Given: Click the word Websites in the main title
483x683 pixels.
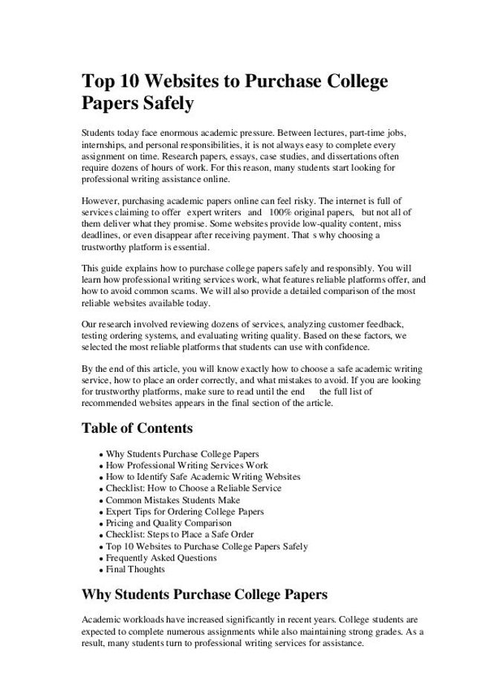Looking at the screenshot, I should [170, 81].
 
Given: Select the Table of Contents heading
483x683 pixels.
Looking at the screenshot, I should [137, 428].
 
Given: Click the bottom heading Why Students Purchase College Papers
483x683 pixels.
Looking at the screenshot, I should [204, 594].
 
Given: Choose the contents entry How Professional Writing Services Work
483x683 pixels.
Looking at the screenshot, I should [187, 465].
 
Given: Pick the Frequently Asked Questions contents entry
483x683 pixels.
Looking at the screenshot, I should [161, 558].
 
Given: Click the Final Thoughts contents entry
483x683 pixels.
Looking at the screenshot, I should [135, 569].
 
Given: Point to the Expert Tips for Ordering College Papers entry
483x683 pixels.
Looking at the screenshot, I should [184, 512].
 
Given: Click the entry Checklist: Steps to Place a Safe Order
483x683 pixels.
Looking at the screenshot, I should [179, 535].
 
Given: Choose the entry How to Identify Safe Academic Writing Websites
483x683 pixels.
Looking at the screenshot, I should [203, 477].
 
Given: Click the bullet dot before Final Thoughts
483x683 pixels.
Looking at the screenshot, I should [100, 570].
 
